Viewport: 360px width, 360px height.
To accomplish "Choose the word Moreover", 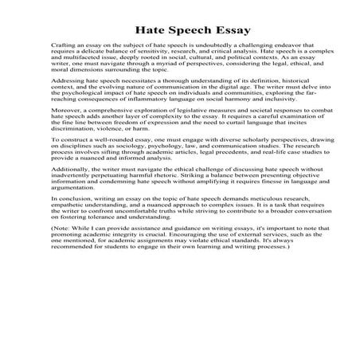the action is [64, 127].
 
